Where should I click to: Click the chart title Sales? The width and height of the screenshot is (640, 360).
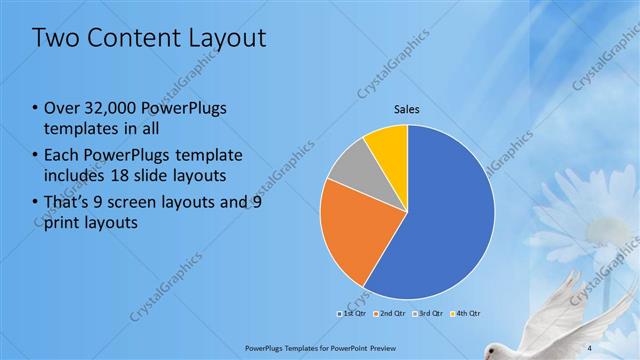pyautogui.click(x=406, y=109)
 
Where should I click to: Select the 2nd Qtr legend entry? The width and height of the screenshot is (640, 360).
pyautogui.click(x=390, y=313)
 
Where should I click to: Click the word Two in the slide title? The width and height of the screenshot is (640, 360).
pyautogui.click(x=55, y=39)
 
